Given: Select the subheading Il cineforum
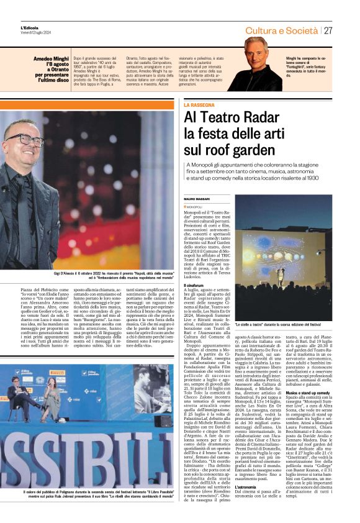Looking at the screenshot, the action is (196, 285).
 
